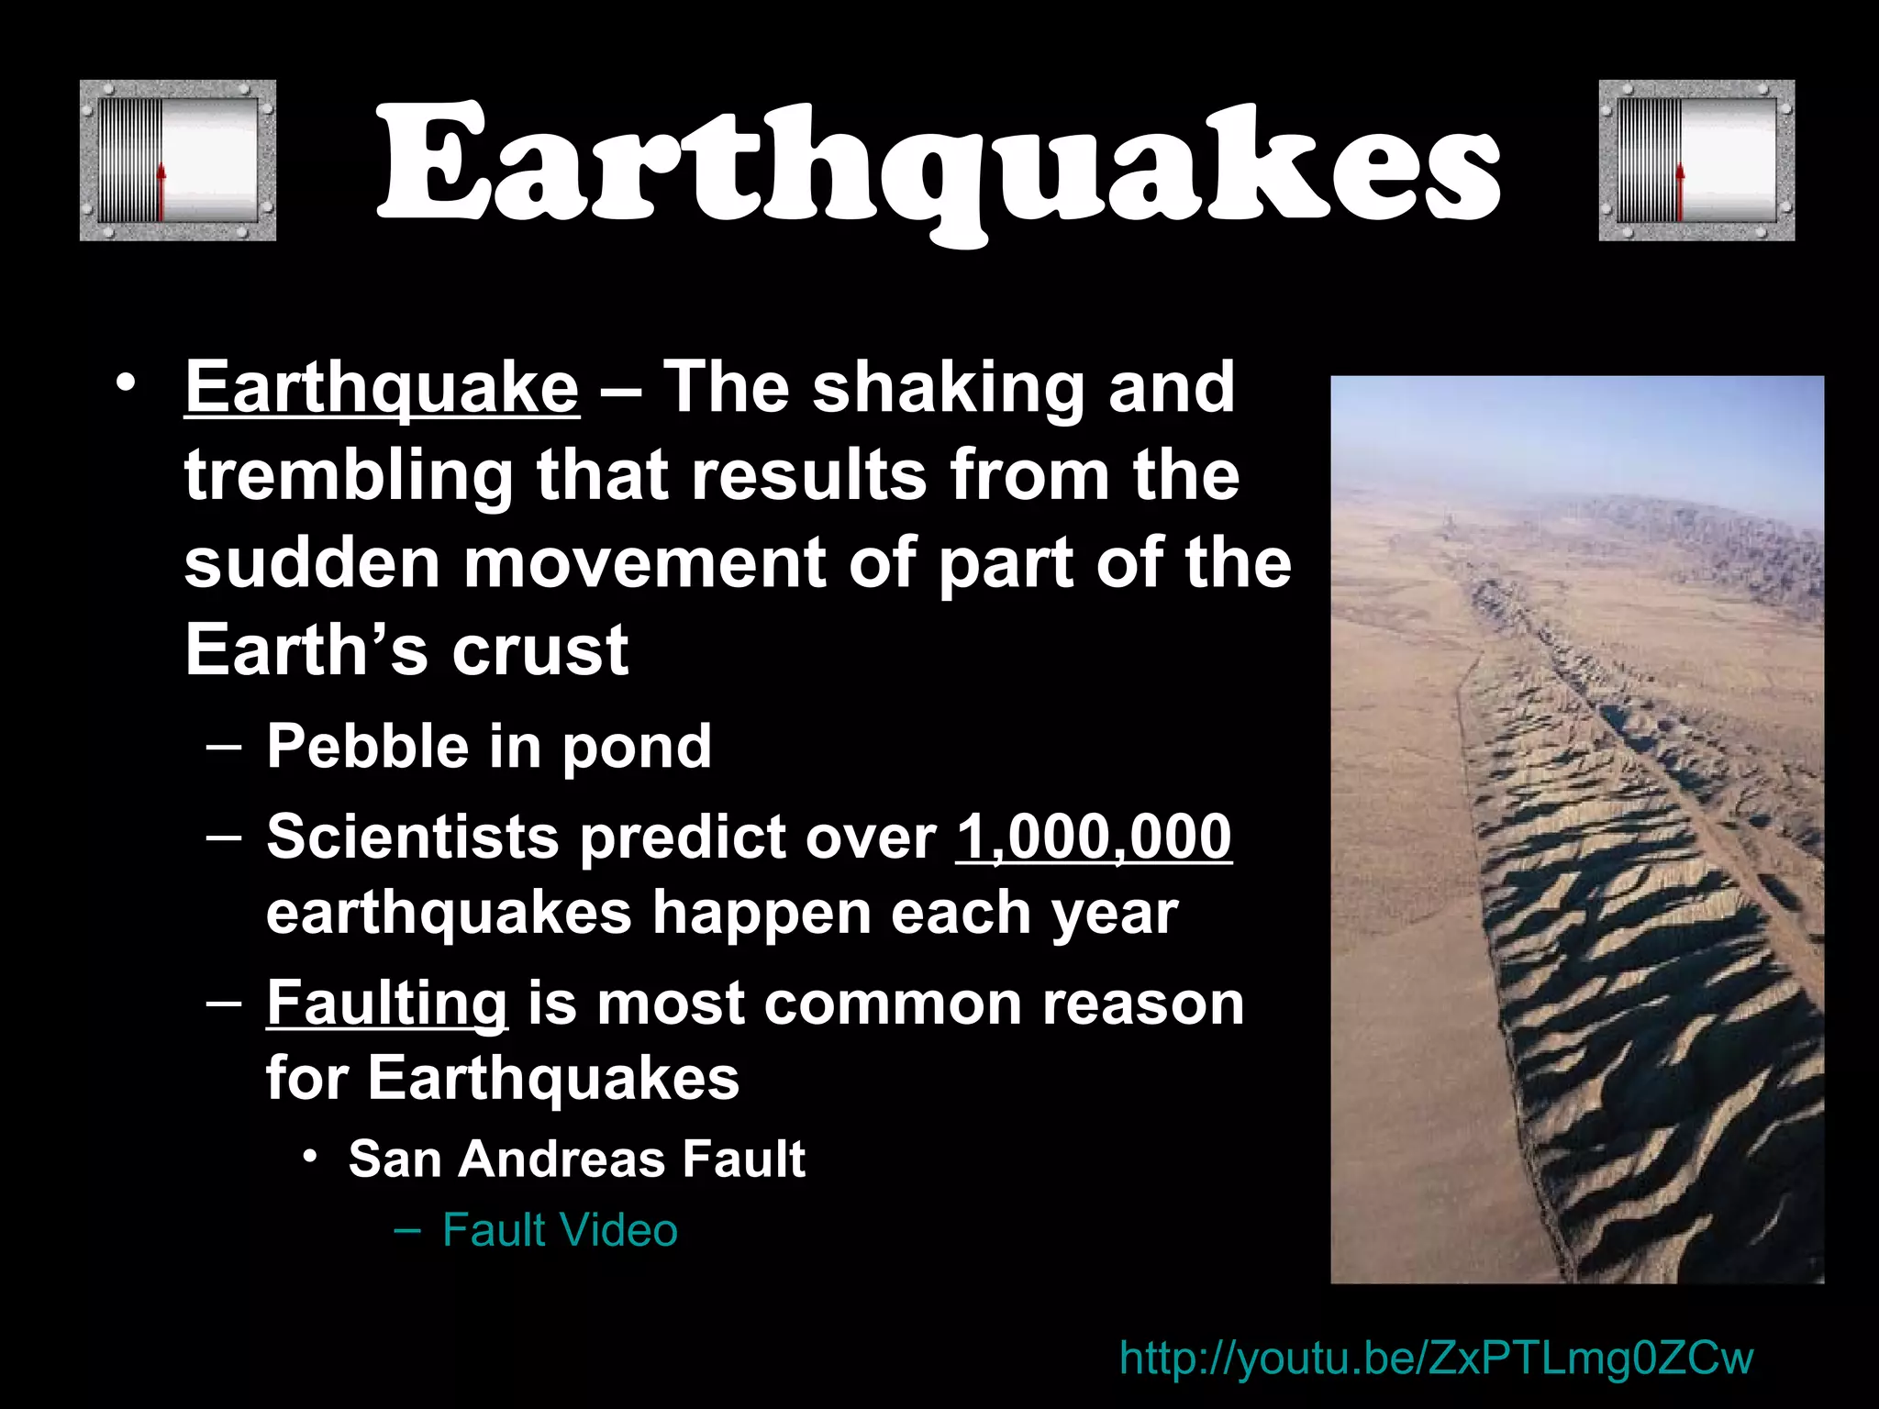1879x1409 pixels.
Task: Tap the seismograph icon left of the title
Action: (178, 161)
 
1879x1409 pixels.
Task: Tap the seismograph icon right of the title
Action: (1696, 161)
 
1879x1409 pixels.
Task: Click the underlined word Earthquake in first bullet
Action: (382, 389)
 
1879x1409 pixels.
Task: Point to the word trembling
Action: (349, 475)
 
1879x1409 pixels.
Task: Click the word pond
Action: (637, 747)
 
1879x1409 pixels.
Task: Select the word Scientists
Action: (413, 837)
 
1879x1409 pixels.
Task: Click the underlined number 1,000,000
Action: (1094, 837)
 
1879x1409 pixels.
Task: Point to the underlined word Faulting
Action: (386, 1003)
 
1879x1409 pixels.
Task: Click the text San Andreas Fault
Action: (576, 1159)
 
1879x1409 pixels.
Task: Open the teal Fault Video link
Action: (560, 1230)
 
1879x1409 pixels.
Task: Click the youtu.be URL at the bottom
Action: (1436, 1358)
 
